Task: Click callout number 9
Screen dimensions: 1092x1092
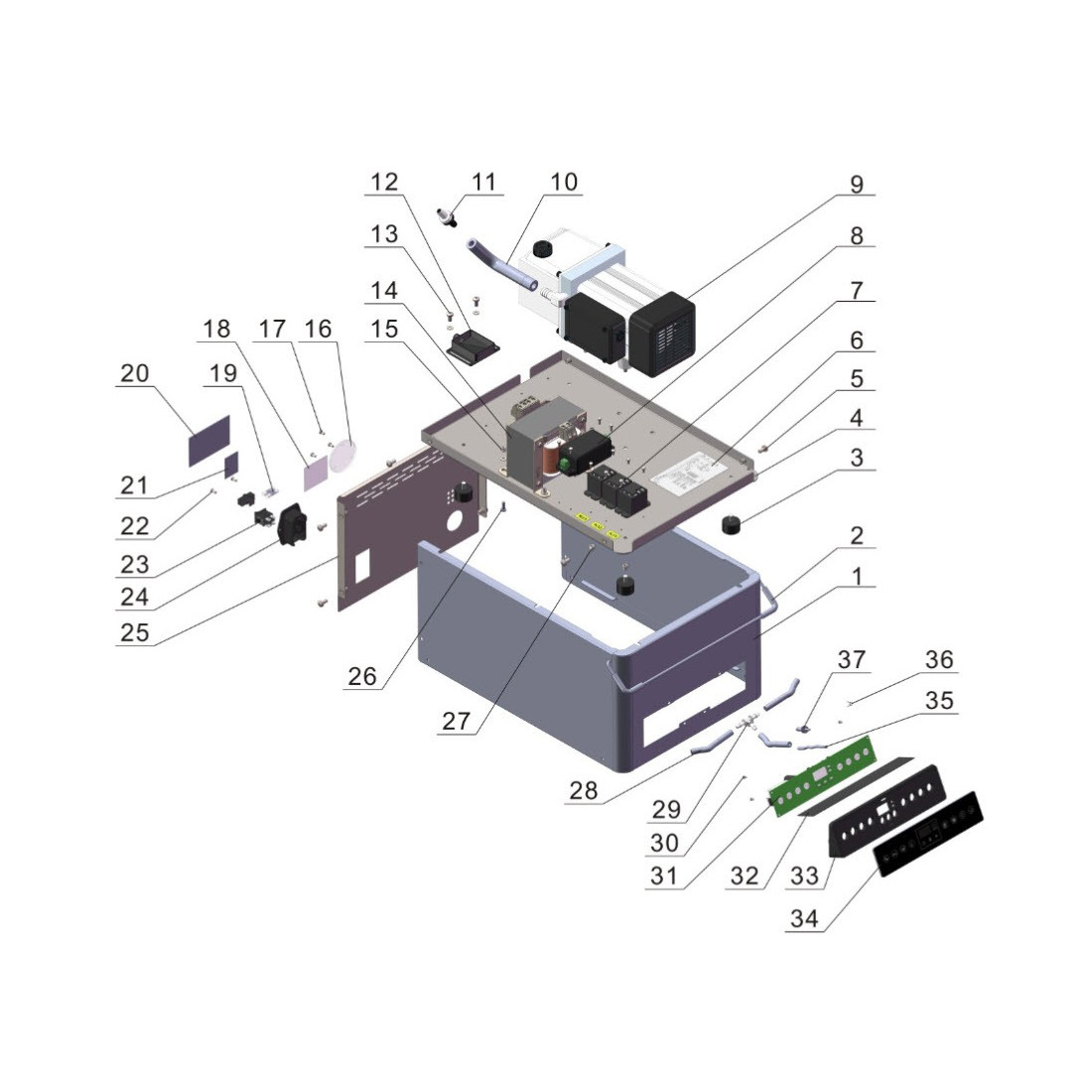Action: [x=856, y=184]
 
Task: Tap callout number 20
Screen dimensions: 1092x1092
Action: [x=135, y=373]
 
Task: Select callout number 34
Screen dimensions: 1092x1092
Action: [x=805, y=919]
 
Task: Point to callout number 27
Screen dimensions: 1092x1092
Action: [x=456, y=721]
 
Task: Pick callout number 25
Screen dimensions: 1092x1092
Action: [x=135, y=631]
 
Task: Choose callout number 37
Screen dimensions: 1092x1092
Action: [x=853, y=659]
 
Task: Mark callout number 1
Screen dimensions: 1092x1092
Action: [x=856, y=576]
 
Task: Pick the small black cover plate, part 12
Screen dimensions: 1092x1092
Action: [x=472, y=345]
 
